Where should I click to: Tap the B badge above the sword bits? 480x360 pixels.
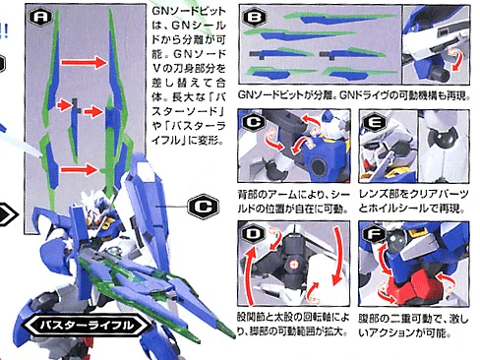(254, 17)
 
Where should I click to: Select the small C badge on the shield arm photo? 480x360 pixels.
(254, 122)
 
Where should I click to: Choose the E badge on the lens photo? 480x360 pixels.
(375, 122)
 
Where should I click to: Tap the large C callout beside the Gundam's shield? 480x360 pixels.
(201, 207)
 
